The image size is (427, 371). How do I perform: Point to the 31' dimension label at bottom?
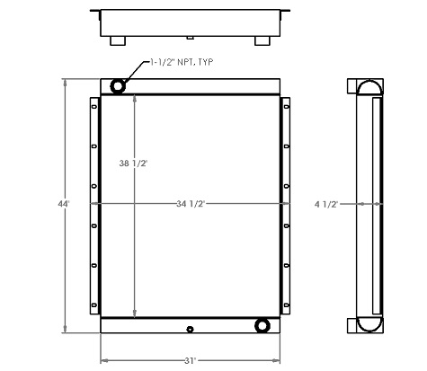(190, 360)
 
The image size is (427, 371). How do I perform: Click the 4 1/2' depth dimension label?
(351, 205)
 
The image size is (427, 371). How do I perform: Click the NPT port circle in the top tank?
(119, 85)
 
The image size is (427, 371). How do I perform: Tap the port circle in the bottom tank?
(262, 324)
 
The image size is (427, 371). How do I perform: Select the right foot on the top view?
(262, 40)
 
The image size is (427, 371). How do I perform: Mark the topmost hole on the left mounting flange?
(93, 108)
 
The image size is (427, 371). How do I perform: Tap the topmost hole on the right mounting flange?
(287, 108)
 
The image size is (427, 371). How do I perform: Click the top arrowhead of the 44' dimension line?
(63, 81)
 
